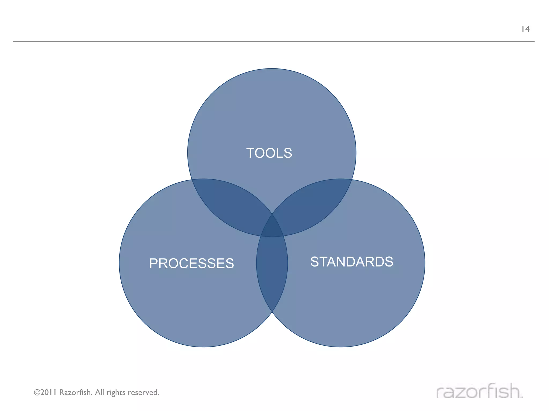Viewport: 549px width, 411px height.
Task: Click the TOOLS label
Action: (x=269, y=153)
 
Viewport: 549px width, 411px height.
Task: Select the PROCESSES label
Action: (x=191, y=263)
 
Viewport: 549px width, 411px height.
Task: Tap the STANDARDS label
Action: (x=352, y=262)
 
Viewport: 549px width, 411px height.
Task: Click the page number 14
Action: (x=525, y=29)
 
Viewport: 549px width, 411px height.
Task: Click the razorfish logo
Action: (x=479, y=391)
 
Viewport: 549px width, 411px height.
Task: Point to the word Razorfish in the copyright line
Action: (x=76, y=392)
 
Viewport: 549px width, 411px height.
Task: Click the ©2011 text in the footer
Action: (x=45, y=392)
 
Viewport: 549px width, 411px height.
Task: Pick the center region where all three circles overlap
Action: (x=272, y=227)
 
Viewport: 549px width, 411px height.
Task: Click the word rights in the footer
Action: (x=116, y=392)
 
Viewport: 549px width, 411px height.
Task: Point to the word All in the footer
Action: (x=99, y=392)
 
